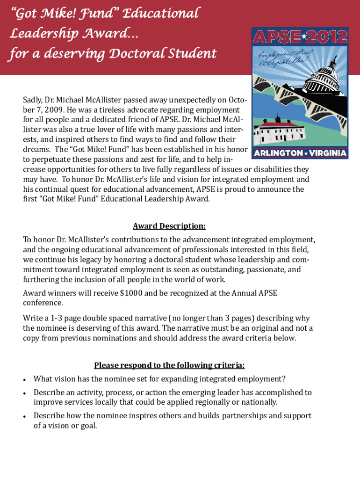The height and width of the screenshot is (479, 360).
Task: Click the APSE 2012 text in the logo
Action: [300, 36]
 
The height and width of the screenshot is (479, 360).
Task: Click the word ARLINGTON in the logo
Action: [277, 153]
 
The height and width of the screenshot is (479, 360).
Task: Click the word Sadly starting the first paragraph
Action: [32, 100]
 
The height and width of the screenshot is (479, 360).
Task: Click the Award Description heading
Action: [169, 226]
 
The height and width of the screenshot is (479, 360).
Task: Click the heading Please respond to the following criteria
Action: [169, 365]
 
